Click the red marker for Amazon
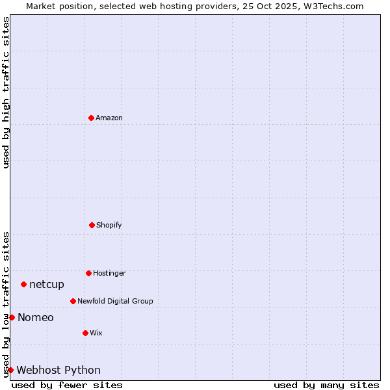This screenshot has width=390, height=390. (91, 118)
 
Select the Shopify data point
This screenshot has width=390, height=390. (92, 225)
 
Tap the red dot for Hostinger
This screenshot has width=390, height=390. (88, 273)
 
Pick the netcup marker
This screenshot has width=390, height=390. (23, 284)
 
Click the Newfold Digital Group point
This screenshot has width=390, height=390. (73, 301)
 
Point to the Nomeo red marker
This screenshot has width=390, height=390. (12, 317)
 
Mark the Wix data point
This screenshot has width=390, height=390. (85, 333)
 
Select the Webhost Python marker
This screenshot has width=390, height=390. (10, 370)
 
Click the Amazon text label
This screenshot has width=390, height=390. (109, 118)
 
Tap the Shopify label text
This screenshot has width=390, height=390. (109, 225)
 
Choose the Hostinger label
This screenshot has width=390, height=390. (109, 273)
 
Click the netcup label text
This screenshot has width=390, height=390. (47, 284)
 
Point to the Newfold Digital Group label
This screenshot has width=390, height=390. (115, 301)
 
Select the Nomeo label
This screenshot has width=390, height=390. (36, 317)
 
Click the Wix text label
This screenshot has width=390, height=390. (96, 333)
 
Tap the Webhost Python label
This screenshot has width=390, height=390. (58, 370)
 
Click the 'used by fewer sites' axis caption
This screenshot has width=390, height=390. (67, 385)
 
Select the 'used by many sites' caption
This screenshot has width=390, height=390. (326, 385)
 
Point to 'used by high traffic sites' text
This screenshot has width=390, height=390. (6, 92)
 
